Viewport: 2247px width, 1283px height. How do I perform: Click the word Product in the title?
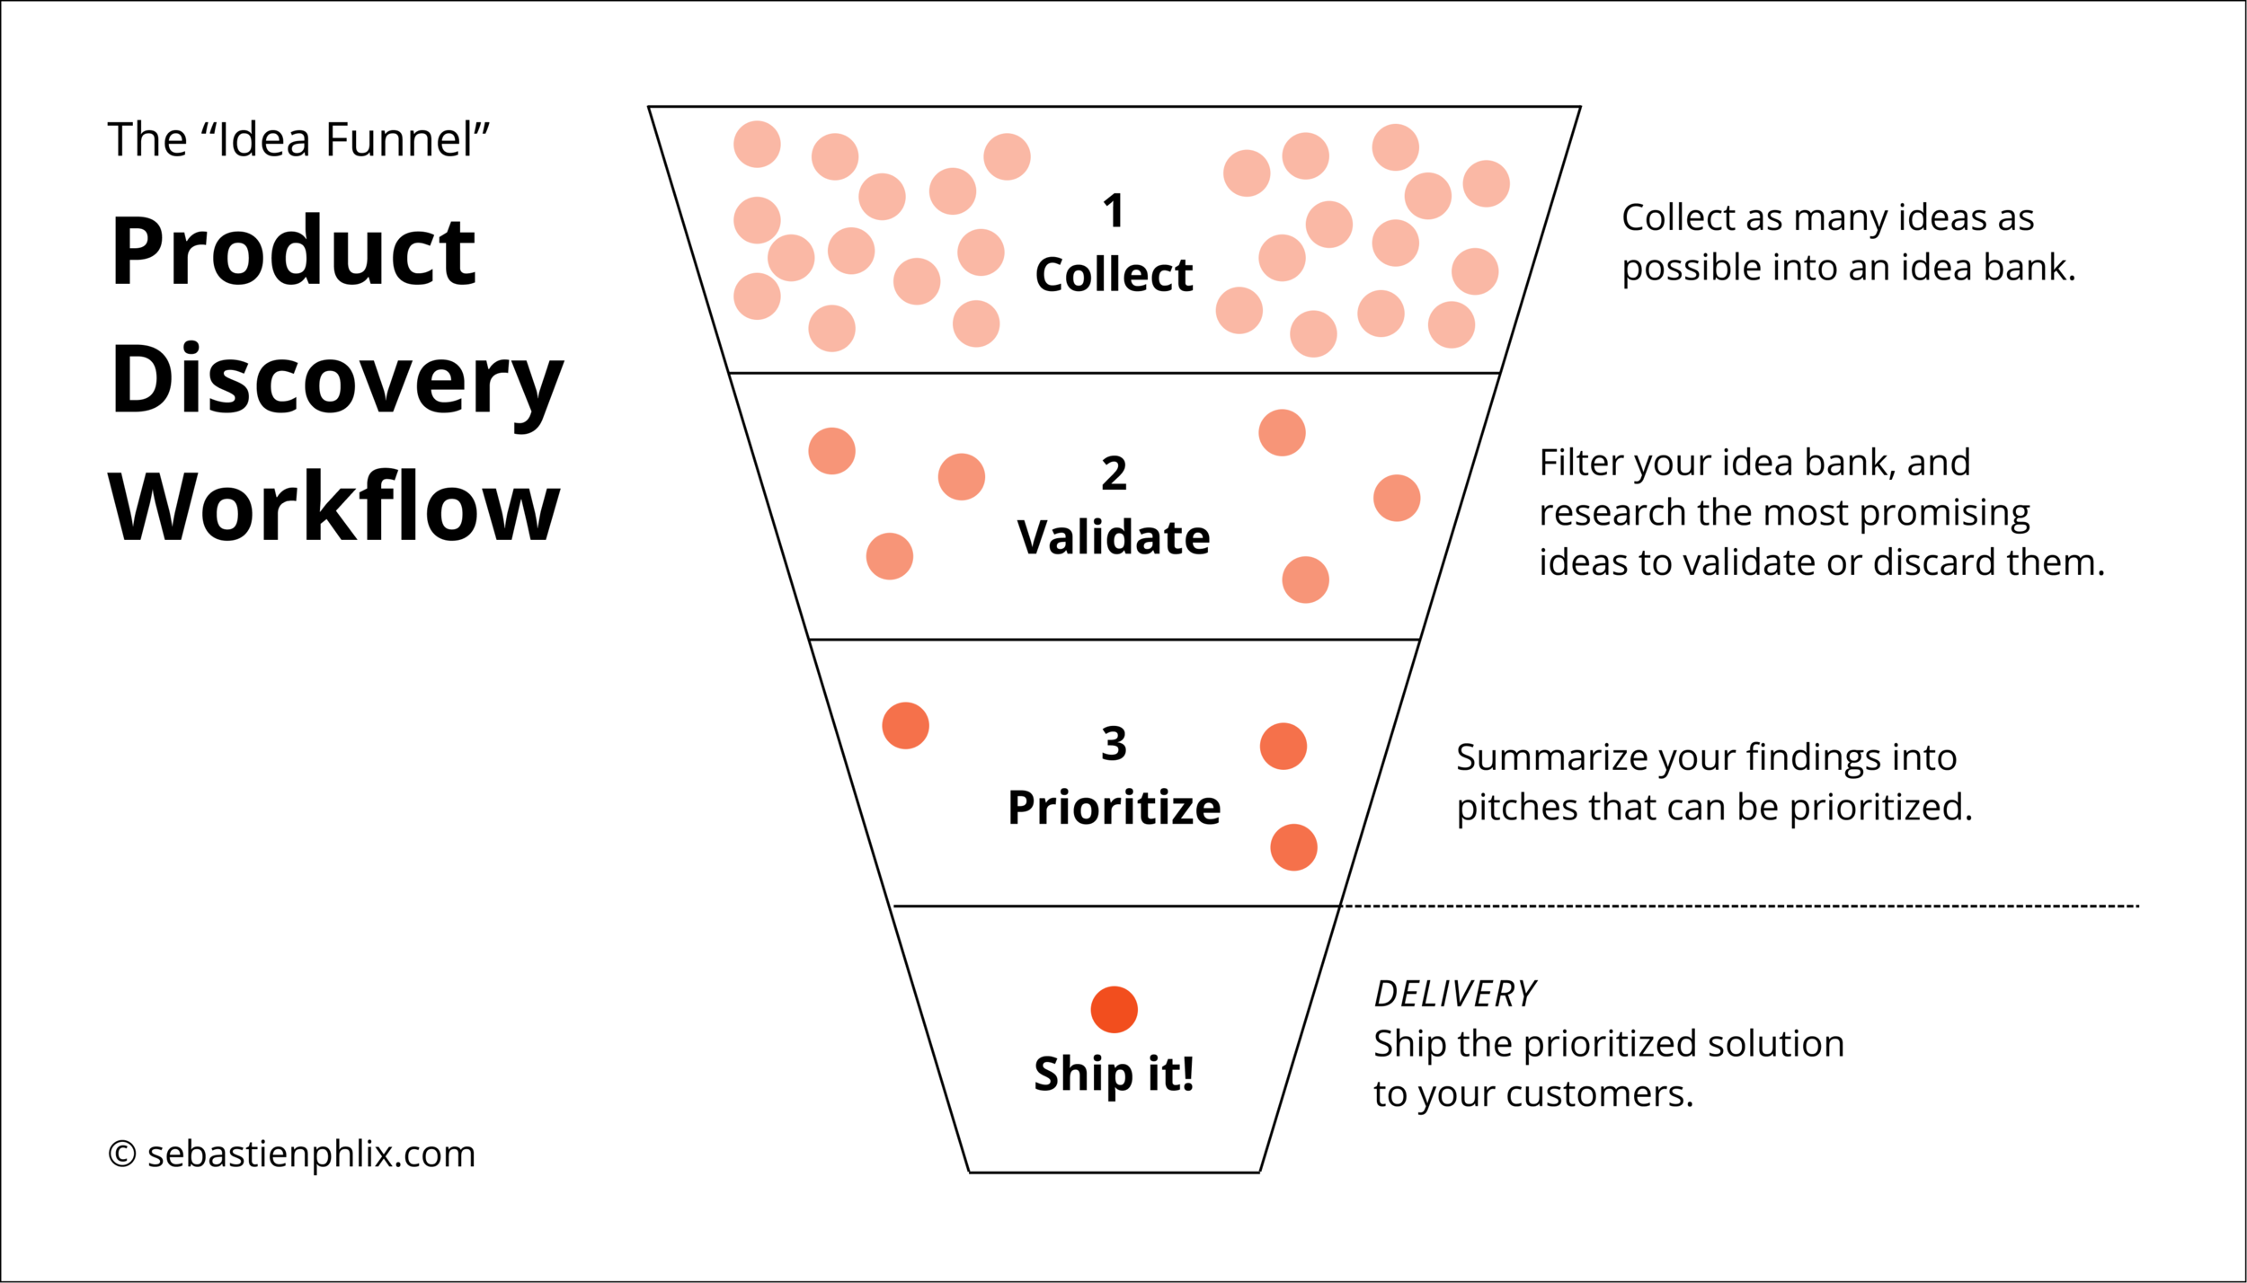293,252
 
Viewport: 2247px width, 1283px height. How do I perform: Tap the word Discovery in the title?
336,381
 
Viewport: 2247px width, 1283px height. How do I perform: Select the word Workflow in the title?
334,509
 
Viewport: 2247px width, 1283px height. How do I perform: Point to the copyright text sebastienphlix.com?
310,1155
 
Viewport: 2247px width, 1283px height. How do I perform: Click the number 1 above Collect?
1114,212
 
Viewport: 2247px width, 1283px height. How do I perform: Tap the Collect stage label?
1114,275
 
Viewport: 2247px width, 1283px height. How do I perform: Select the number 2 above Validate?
1114,473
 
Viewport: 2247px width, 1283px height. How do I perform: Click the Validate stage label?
1114,538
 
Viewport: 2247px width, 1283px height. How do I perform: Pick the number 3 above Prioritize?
1114,744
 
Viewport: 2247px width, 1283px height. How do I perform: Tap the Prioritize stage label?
1114,808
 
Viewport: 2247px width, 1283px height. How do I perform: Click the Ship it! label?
1114,1075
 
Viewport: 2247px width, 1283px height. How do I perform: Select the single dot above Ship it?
1114,1010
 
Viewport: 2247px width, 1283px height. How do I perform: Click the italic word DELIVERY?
1455,995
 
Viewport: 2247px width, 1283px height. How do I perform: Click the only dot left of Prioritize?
905,726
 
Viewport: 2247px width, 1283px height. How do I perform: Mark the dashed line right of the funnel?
1739,907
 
